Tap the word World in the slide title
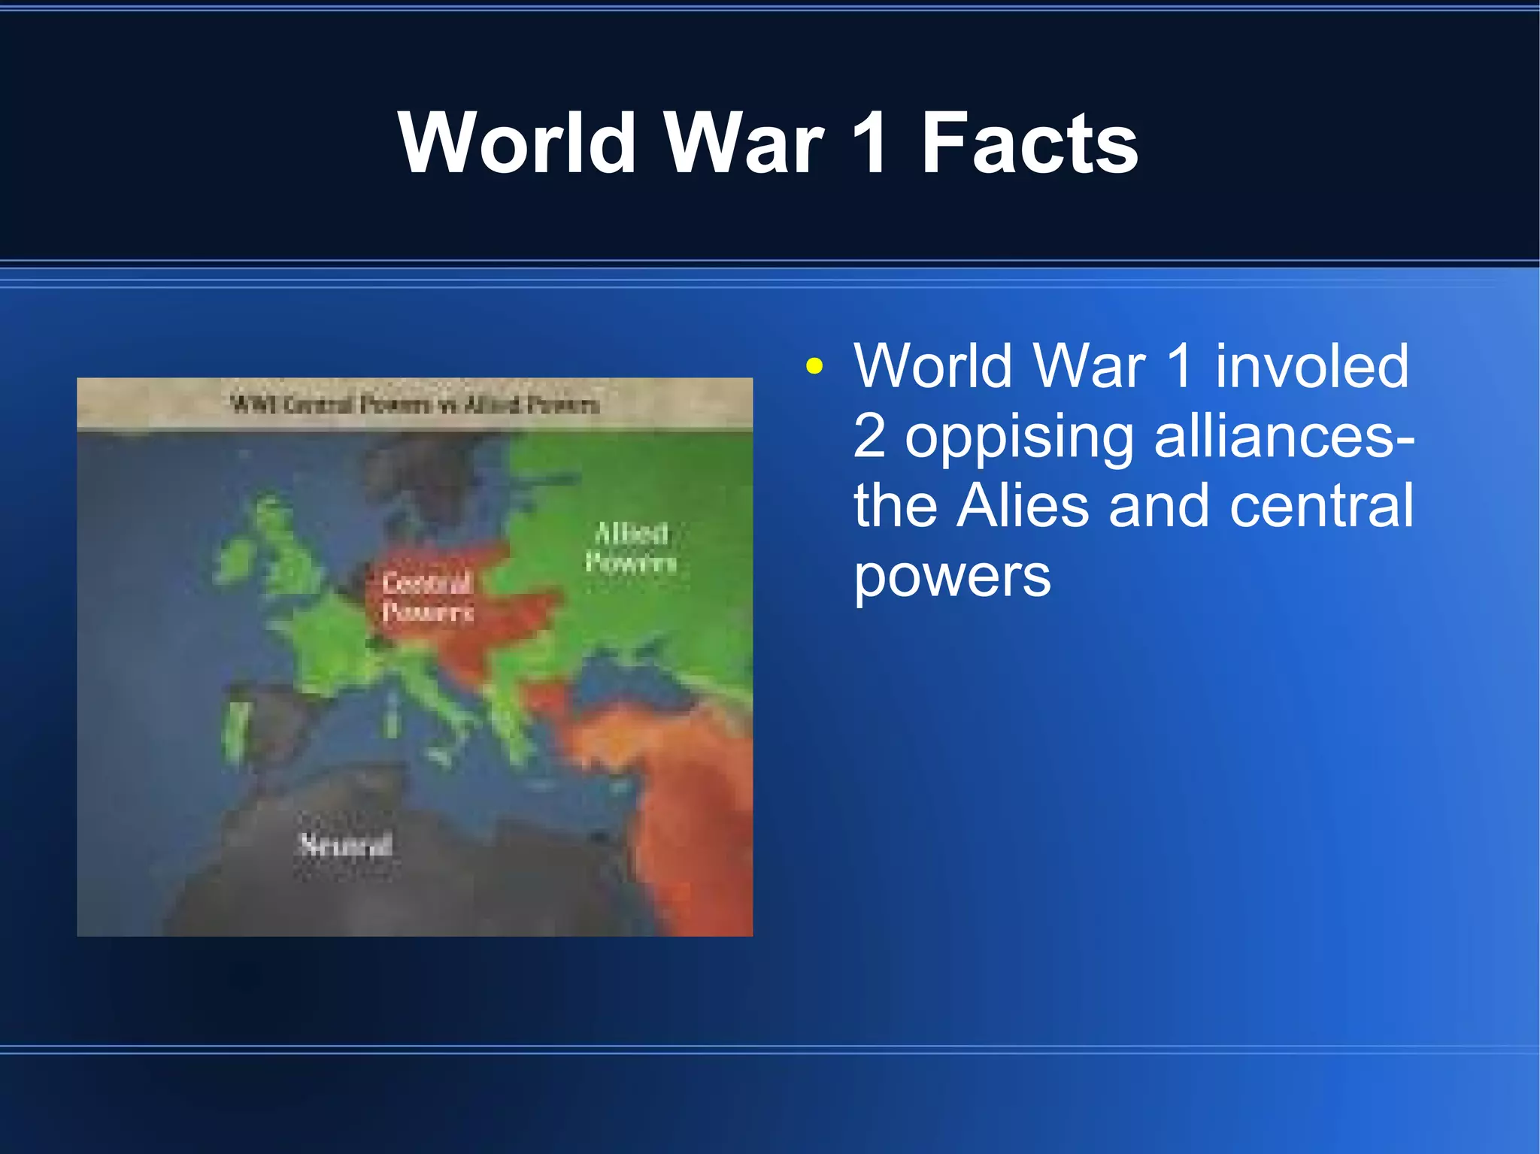[518, 143]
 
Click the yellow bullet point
[814, 367]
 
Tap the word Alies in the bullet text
[1023, 505]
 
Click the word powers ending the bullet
[952, 576]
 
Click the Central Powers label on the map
[427, 597]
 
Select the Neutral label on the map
[346, 845]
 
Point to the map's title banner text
[414, 404]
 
